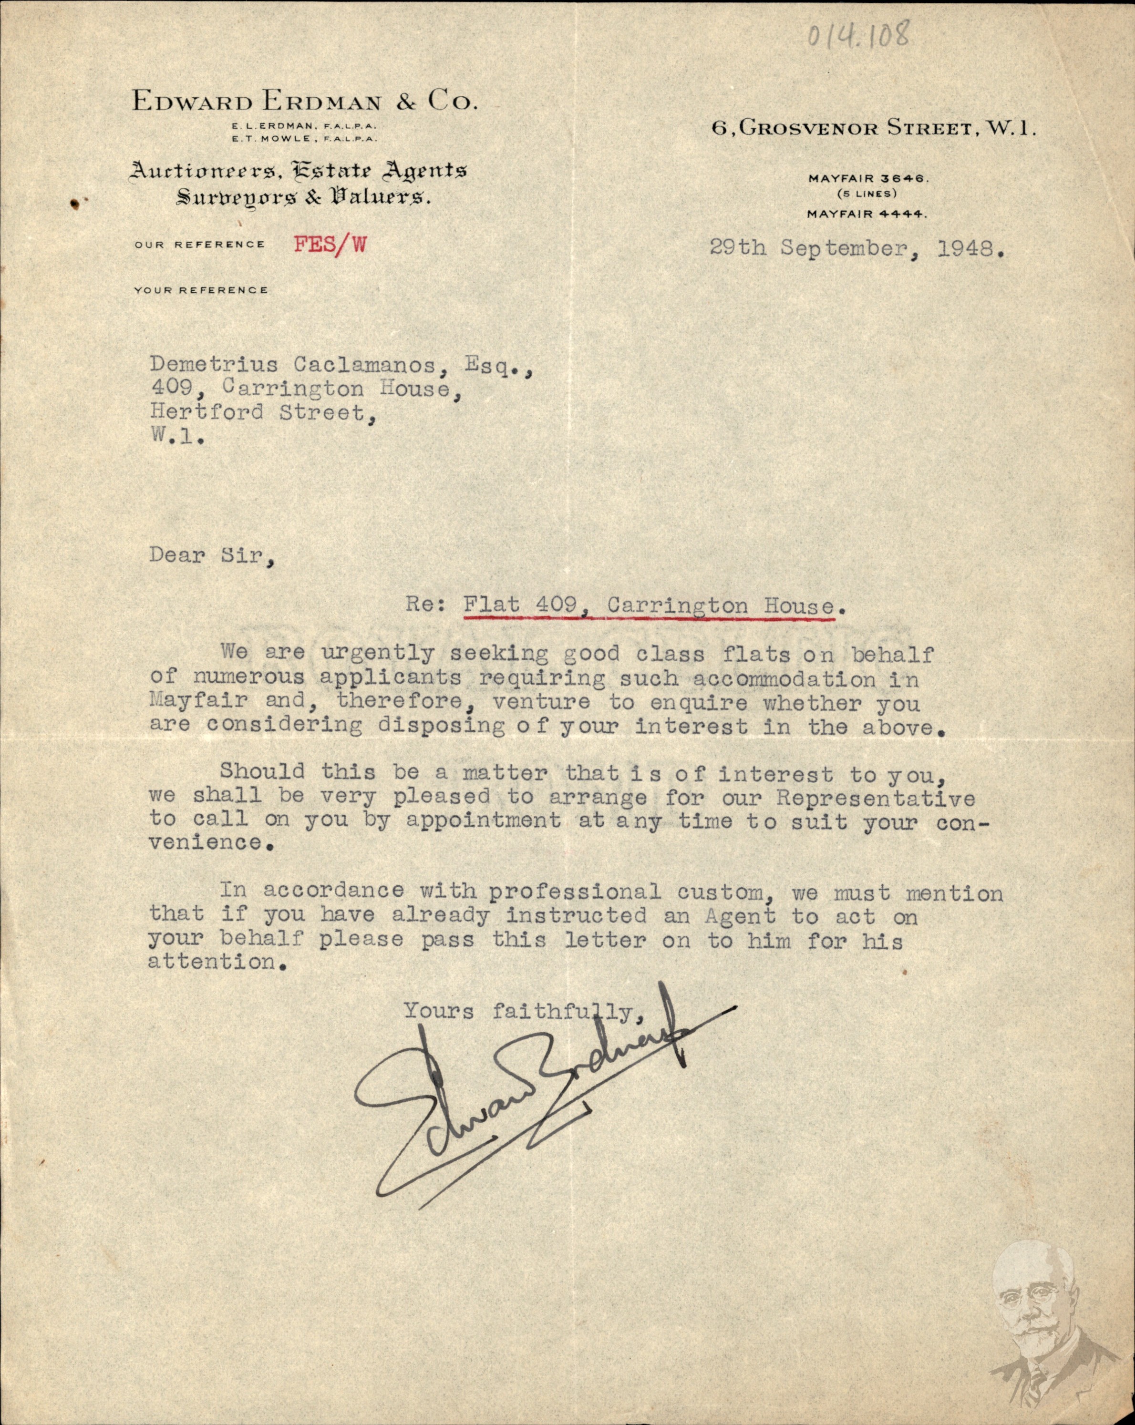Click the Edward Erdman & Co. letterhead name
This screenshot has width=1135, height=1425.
click(304, 101)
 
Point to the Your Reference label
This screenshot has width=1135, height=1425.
click(201, 290)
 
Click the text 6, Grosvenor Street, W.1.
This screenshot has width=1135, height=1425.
click(873, 128)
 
